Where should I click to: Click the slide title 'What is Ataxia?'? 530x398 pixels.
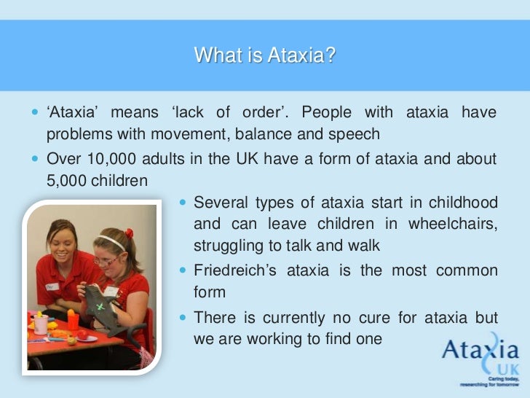click(x=265, y=55)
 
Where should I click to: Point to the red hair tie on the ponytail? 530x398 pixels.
click(x=129, y=234)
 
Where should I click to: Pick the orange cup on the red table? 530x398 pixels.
click(x=73, y=319)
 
